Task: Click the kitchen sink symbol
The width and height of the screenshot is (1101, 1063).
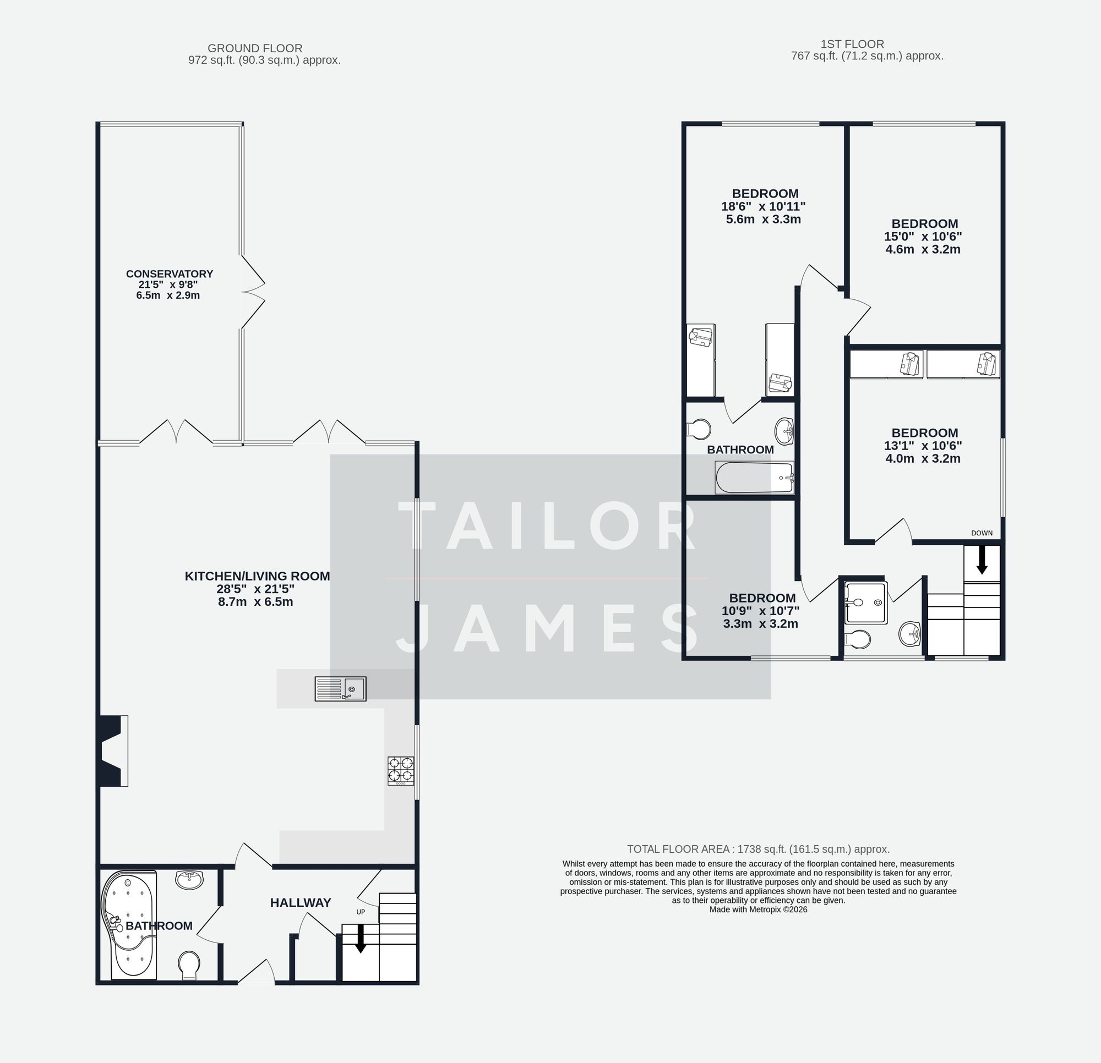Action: (x=340, y=688)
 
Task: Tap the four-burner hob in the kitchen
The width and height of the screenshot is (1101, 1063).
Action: (x=401, y=770)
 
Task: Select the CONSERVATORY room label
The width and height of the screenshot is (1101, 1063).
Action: (x=169, y=274)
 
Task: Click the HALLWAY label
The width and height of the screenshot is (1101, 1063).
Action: (x=301, y=902)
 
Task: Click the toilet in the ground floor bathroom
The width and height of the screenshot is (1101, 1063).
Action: (x=189, y=964)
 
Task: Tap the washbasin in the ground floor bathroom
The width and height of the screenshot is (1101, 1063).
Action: (x=189, y=879)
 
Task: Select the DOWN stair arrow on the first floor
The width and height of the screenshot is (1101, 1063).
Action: (x=982, y=561)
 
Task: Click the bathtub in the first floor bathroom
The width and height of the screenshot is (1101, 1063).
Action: (x=754, y=478)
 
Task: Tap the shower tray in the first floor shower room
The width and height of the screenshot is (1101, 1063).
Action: (x=866, y=602)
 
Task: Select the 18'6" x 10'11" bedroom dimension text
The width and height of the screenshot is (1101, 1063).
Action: (x=764, y=207)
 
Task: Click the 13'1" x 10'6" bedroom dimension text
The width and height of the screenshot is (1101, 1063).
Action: (x=923, y=446)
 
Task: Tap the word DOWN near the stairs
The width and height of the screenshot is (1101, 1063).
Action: (x=982, y=533)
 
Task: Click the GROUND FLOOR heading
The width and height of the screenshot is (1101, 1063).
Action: (x=255, y=48)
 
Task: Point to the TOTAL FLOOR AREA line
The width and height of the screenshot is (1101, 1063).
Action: (x=758, y=849)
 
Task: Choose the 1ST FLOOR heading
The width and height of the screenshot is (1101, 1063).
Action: (x=852, y=44)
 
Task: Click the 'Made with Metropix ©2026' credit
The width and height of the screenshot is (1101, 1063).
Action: (x=758, y=909)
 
